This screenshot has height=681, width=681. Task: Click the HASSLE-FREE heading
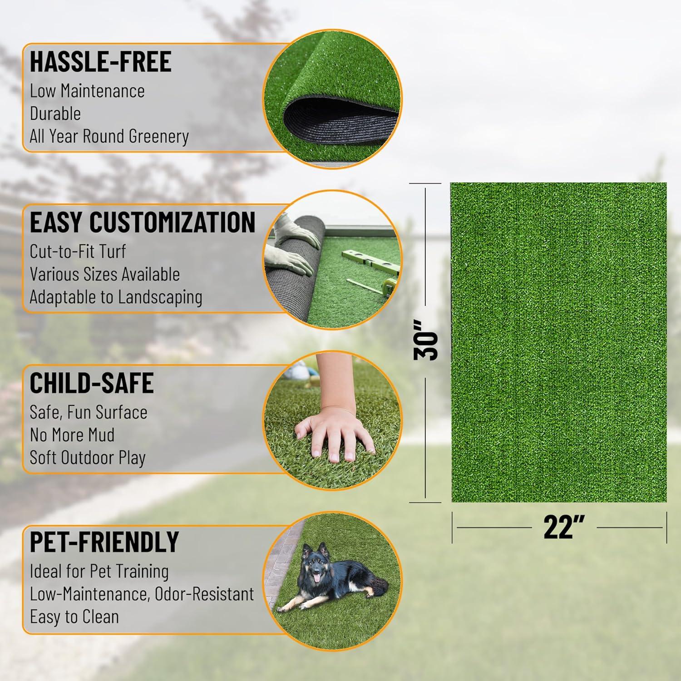pos(100,62)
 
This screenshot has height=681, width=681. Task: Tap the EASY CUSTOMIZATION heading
pos(143,222)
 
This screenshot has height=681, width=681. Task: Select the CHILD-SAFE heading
pos(92,383)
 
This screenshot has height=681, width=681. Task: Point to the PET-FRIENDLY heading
pos(104,541)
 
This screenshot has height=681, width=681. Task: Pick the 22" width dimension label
pos(564,528)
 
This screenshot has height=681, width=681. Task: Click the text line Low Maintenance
pos(87,91)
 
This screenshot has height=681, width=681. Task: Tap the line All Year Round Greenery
pos(109,136)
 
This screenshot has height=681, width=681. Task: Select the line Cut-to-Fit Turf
pos(78,252)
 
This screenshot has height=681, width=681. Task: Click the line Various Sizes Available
pos(104,274)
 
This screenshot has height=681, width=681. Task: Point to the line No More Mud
pos(72,435)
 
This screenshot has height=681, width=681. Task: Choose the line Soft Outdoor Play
pos(87,458)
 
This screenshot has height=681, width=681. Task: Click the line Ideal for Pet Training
pos(99,571)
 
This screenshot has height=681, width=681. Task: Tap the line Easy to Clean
pos(74,617)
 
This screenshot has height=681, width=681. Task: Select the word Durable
pos(55,113)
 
